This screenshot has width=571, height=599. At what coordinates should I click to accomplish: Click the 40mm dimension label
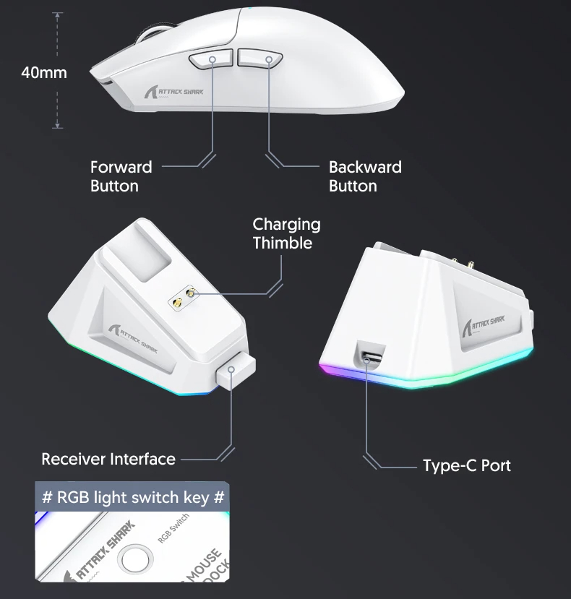[x=43, y=73]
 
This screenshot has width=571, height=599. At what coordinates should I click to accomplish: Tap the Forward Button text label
[x=121, y=176]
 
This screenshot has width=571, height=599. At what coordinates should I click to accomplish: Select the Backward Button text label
[x=365, y=176]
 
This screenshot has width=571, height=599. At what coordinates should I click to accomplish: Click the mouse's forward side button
[x=209, y=59]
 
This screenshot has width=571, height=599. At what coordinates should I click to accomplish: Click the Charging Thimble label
[x=286, y=233]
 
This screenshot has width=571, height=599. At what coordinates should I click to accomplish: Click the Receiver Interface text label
[x=108, y=459]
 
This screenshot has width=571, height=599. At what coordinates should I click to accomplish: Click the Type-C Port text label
[x=466, y=465]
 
